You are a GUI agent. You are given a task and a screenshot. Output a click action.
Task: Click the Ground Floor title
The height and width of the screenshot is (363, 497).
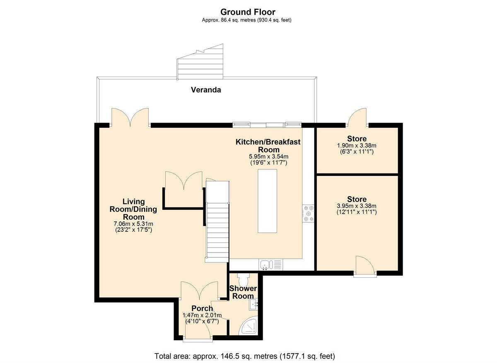248,12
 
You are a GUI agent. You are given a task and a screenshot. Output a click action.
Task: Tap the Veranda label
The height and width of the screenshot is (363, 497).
205,89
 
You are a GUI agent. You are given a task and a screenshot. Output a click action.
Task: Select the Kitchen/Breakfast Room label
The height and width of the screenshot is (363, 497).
268,146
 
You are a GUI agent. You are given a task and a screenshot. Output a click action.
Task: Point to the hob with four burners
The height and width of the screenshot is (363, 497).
308,213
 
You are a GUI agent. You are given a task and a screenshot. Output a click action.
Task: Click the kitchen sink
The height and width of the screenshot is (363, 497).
265,264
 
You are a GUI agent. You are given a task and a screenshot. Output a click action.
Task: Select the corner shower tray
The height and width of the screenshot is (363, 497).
250,327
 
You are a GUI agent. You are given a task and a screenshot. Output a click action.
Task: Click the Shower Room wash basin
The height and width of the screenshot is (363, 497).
254,305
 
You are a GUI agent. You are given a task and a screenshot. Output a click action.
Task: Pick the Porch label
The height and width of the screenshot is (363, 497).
202,308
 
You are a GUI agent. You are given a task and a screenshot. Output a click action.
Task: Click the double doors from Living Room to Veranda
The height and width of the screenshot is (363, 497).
130,117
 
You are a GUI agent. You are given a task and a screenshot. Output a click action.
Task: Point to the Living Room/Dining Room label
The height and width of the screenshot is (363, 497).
133,209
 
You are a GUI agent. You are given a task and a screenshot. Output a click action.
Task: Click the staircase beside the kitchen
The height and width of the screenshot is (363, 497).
217,224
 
